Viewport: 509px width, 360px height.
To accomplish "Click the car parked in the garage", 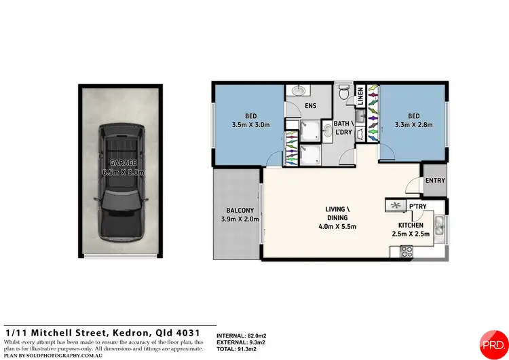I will pos(120,183).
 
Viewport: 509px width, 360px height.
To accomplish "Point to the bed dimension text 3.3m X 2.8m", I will pos(414,125).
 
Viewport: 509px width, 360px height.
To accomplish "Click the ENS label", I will pos(310,105).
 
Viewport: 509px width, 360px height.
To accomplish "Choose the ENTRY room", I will pos(434,180).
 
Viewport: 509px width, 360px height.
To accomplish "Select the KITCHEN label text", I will pos(411,225).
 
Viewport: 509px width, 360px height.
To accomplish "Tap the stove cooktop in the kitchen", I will pos(407,251).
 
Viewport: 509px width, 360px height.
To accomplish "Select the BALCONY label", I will pos(237,210).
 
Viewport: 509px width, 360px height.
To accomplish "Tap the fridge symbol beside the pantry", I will pos(395,205).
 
